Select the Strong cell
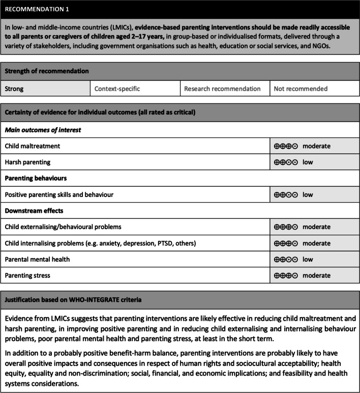(45, 89)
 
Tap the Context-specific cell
(135, 89)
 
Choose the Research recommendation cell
(224, 89)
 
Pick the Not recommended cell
(313, 89)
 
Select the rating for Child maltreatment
(302, 146)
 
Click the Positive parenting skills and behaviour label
(58, 194)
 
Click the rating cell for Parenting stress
(302, 275)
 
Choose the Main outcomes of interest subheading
(43, 130)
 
